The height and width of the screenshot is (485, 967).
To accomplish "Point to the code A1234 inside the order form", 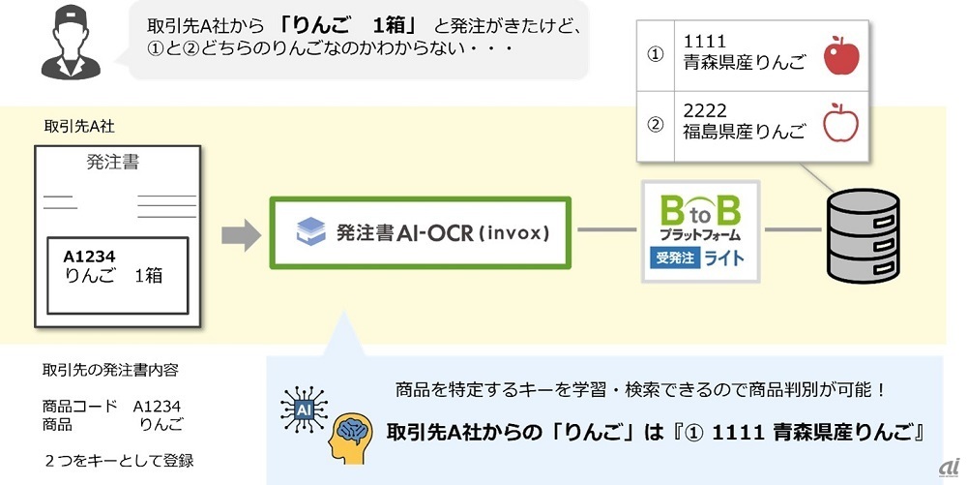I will point(90,257).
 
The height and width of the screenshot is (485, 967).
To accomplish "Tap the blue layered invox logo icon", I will point(310,233).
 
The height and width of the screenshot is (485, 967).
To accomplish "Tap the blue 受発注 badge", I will point(673,258).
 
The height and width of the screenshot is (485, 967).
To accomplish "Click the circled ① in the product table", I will point(655,55).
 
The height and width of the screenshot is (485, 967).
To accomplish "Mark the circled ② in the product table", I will point(655,123).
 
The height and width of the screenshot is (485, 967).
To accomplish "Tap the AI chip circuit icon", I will point(303,409).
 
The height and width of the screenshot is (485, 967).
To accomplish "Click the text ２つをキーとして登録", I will point(119,460).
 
